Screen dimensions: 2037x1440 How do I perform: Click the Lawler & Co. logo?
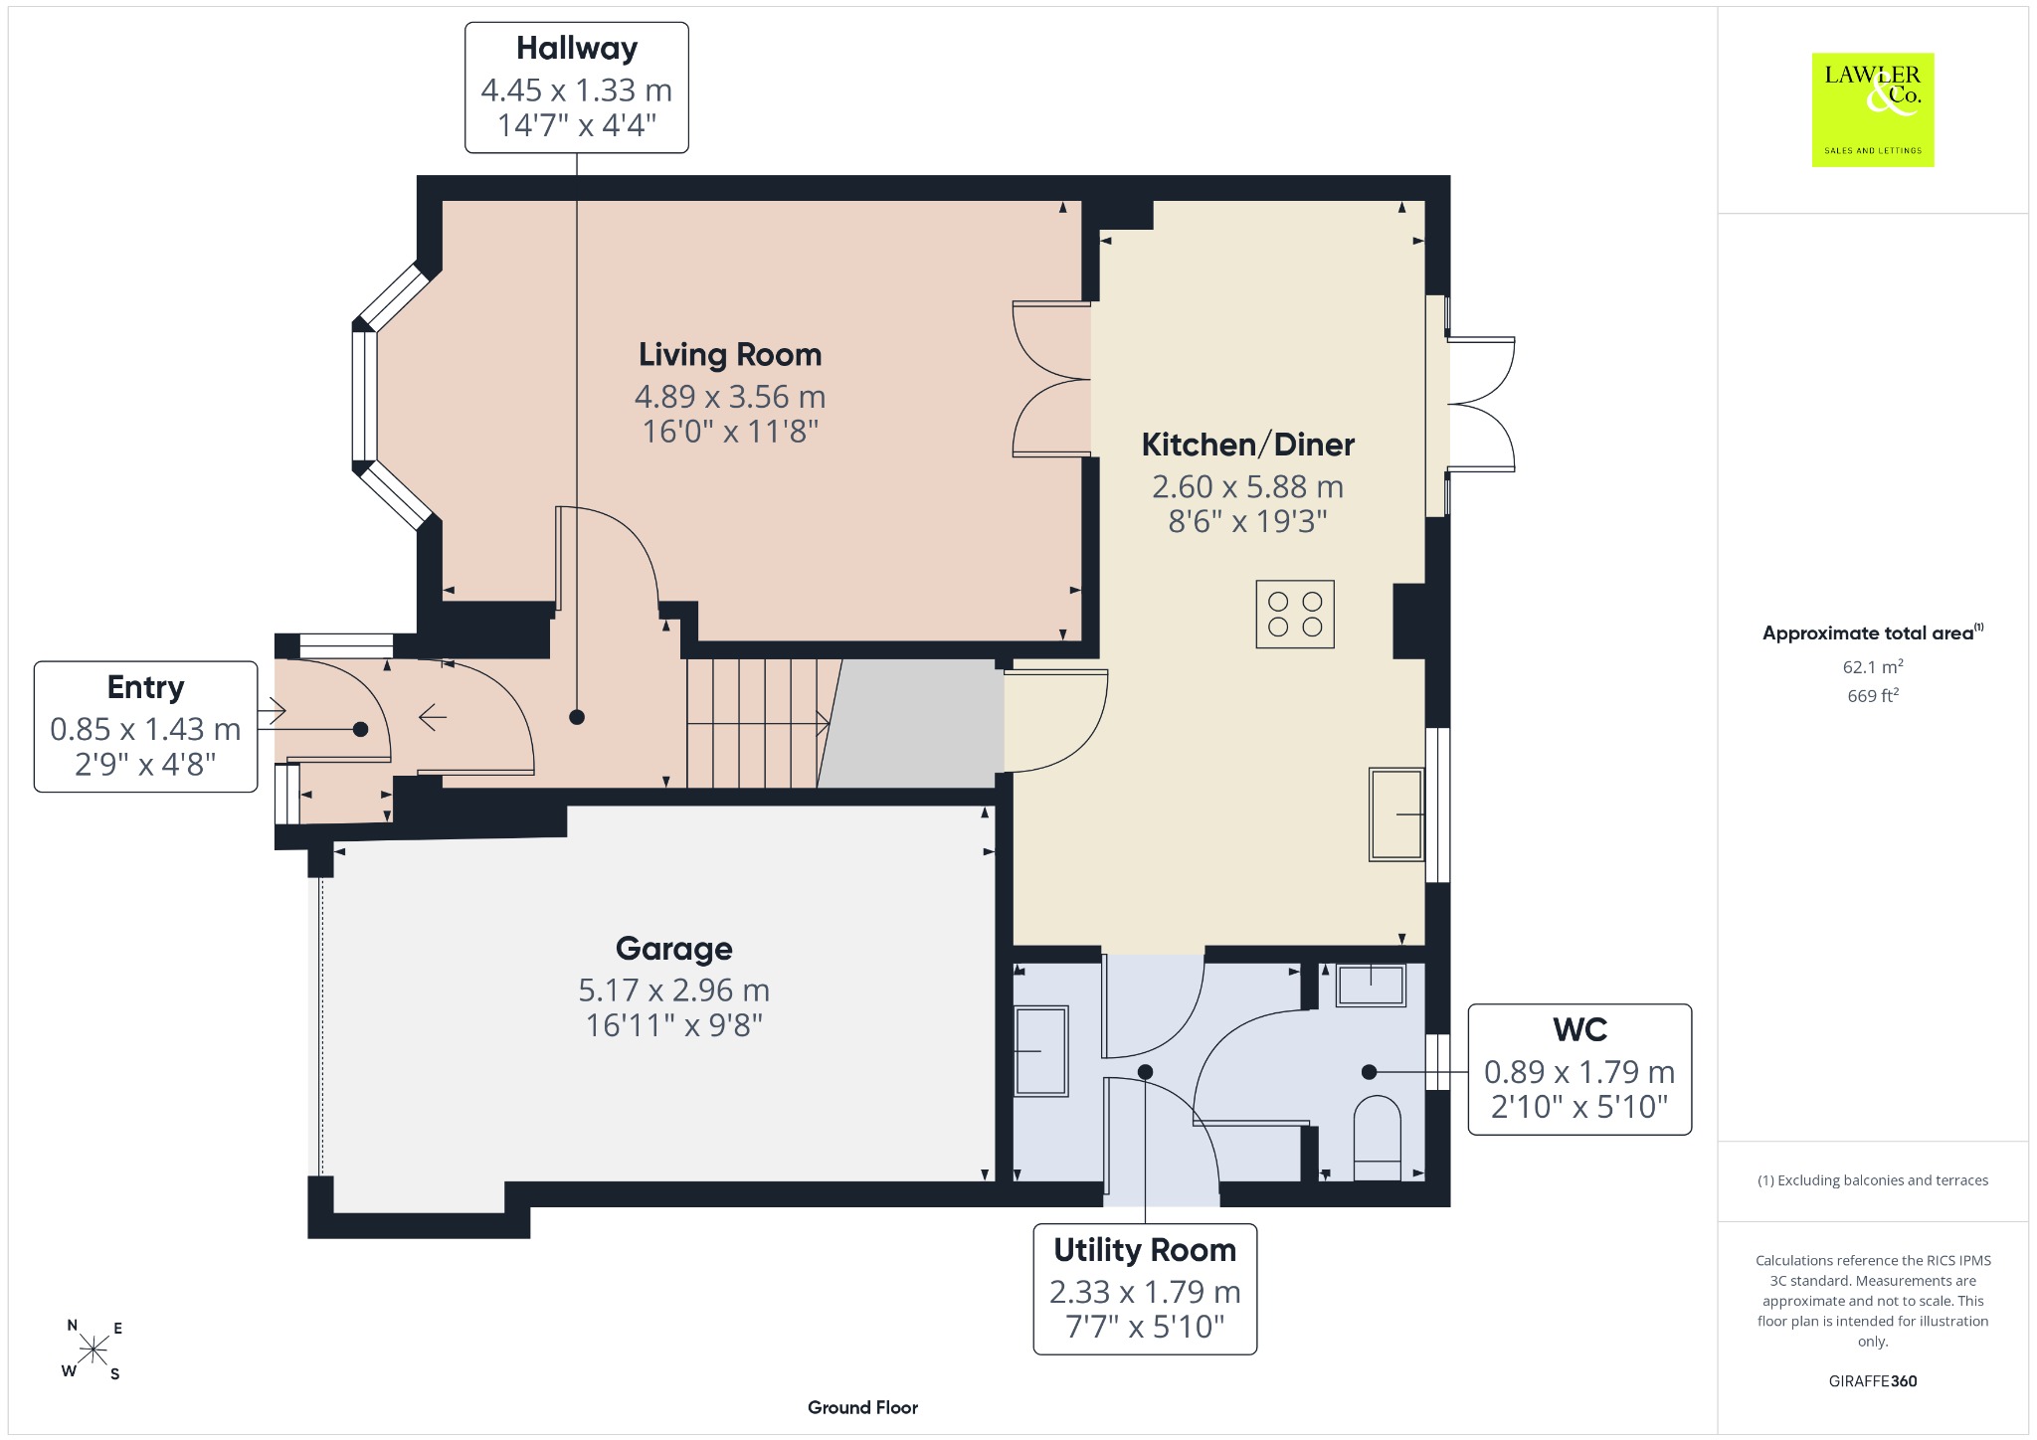click(1872, 109)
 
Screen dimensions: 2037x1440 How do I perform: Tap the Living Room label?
click(730, 355)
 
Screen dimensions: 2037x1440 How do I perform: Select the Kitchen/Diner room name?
click(1247, 445)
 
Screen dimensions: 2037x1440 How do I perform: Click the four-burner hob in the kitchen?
click(1295, 615)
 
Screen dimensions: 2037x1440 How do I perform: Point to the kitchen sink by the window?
click(1396, 813)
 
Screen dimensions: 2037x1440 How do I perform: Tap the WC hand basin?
click(1371, 986)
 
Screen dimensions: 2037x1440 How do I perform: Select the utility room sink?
click(1041, 1051)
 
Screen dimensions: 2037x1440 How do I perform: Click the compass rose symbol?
click(93, 1350)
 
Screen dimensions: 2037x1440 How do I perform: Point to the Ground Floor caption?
click(862, 1407)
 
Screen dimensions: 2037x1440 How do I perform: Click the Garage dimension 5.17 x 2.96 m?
click(674, 990)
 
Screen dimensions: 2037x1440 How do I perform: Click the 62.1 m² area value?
click(1873, 666)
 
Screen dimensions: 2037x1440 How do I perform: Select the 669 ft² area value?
click(1873, 696)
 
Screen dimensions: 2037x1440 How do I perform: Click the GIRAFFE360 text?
click(1873, 1380)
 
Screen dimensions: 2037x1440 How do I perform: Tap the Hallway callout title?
click(577, 49)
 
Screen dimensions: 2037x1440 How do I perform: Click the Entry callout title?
click(146, 687)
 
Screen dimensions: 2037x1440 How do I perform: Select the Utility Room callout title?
click(1145, 1250)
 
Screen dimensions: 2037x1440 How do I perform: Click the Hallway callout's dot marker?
click(577, 717)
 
